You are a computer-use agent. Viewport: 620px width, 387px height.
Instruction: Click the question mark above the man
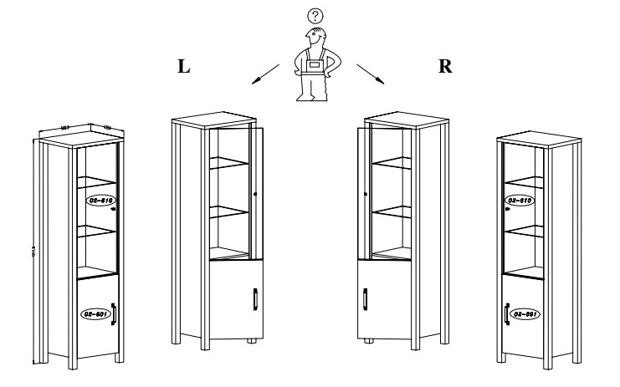315,15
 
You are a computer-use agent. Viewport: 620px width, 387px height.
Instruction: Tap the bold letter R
445,68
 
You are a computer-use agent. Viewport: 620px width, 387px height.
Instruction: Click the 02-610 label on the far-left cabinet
100,201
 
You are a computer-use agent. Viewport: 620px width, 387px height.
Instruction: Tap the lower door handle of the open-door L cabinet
254,298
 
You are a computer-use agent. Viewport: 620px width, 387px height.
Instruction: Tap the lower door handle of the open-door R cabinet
366,298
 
